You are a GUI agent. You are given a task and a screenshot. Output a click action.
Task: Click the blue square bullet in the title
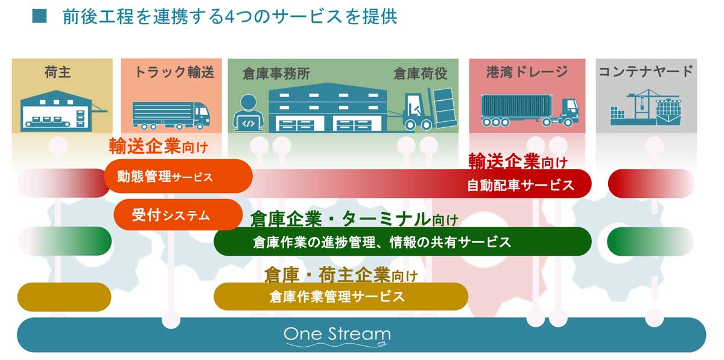(39, 16)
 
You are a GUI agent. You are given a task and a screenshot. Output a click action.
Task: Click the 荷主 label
(58, 73)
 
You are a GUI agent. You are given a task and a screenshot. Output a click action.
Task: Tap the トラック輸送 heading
(174, 73)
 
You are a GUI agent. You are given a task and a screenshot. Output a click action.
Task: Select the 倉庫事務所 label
(276, 74)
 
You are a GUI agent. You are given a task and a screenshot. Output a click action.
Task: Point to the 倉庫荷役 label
(421, 74)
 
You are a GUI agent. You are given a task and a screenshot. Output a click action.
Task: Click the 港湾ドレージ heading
(527, 72)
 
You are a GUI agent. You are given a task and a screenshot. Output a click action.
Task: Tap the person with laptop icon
(249, 113)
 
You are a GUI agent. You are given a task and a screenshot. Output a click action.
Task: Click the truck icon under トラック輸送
(171, 112)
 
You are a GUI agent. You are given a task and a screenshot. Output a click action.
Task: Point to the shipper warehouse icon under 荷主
(60, 110)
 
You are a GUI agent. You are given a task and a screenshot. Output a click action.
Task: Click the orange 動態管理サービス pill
(178, 177)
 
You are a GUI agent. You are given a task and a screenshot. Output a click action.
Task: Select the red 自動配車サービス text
(521, 185)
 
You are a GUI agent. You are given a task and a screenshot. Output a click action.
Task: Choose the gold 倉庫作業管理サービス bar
(341, 297)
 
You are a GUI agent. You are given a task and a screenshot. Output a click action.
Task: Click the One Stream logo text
(337, 334)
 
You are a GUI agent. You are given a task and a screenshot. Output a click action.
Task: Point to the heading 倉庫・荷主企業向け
(341, 275)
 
